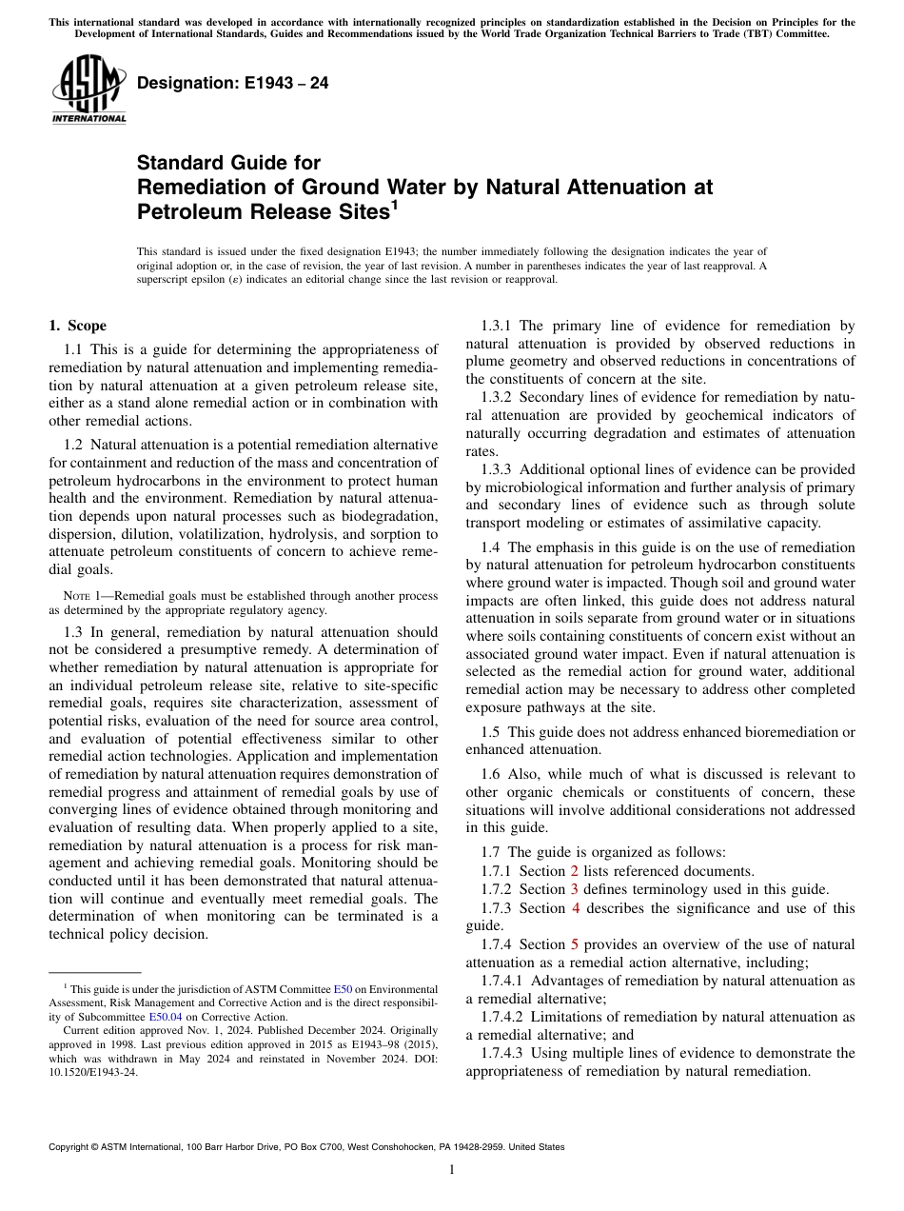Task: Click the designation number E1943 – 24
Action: coord(233,83)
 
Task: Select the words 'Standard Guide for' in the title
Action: coord(228,163)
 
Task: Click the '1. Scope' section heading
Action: coord(77,326)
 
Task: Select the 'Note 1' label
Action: coord(79,596)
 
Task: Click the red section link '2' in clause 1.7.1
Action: coord(574,870)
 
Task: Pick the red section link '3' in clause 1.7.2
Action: coord(574,889)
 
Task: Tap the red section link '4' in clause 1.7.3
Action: coord(575,907)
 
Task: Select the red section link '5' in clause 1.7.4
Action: coord(574,944)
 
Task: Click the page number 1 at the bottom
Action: coord(451,1170)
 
